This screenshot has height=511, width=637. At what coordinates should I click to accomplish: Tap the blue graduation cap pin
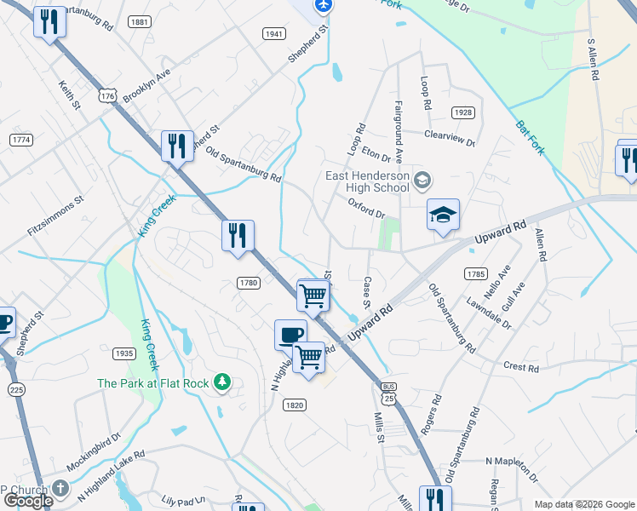click(443, 216)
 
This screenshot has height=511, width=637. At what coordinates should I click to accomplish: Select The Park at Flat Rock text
click(153, 383)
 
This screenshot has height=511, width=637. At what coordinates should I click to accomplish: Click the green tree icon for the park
click(222, 382)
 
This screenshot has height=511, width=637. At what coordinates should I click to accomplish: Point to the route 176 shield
click(106, 97)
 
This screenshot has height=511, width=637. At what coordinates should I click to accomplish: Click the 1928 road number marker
click(462, 112)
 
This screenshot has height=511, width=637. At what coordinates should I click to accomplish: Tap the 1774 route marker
click(20, 139)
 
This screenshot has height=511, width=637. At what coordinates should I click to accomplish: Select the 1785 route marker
click(475, 273)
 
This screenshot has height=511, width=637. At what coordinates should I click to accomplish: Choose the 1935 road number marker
click(124, 353)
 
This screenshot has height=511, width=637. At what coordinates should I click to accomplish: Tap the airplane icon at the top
click(322, 6)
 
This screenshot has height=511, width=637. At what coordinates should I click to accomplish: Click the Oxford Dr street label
click(367, 208)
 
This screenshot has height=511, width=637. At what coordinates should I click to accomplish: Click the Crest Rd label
click(521, 368)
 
